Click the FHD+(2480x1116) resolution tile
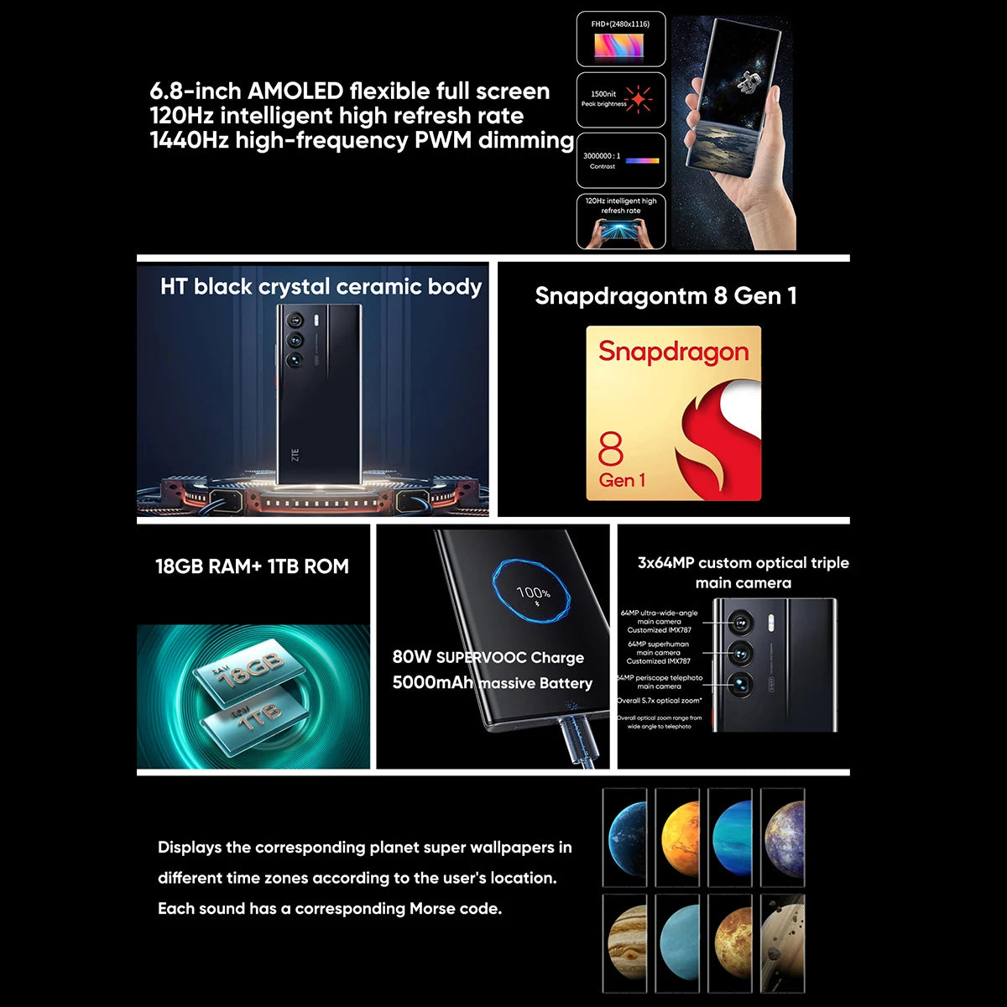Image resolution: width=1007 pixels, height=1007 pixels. [621, 39]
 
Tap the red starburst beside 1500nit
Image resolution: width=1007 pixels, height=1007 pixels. [639, 99]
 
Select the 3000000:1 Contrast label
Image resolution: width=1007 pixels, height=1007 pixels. [603, 160]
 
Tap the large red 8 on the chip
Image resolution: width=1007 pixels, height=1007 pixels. [611, 450]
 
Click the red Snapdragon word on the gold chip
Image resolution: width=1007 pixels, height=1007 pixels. [673, 352]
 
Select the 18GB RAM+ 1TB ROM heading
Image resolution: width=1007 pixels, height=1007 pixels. [252, 566]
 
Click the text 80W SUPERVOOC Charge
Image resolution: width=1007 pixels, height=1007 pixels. [488, 657]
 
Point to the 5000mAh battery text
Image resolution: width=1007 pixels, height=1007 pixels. [433, 683]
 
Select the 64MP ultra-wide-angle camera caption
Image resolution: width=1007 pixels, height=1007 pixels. [660, 621]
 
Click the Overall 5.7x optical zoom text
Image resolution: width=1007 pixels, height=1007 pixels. [660, 700]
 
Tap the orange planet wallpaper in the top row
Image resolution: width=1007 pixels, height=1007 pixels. [677, 837]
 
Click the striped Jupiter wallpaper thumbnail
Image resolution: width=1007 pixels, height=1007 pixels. [625, 943]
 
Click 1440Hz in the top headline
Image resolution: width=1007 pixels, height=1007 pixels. [189, 140]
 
